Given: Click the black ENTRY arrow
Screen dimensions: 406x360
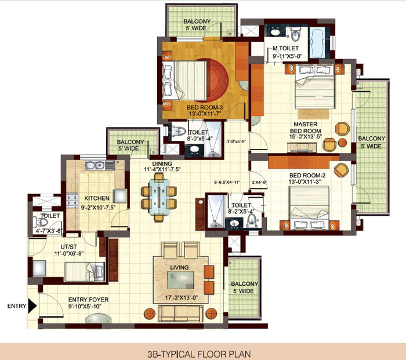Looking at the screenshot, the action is pos(32,306).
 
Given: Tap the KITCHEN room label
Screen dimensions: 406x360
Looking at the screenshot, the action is pos(97,198).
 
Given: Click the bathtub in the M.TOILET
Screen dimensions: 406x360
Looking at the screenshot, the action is pos(317,43).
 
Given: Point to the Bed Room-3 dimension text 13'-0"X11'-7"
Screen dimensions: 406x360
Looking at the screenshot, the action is pos(205,114).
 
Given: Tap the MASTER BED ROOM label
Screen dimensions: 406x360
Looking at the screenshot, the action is pos(306,128).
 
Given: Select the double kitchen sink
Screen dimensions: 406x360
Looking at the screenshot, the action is pos(95,165).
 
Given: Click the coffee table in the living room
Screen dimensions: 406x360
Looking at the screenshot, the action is pos(180,280).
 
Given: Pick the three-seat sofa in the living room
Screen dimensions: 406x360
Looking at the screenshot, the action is pos(181,313).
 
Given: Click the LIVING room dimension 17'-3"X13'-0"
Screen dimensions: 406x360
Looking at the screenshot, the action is pos(181,297).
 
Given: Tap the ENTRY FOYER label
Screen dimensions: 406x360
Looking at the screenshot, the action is pos(88,300).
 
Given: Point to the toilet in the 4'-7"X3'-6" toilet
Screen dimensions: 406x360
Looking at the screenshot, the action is pos(41,222).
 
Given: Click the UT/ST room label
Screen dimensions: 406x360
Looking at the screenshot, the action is pos(68,247).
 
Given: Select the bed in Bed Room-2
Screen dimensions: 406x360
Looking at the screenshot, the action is pos(309,208).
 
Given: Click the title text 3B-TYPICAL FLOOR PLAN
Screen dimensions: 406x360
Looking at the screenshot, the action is pos(199,354).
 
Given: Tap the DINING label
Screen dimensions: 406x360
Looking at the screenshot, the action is pos(162,163).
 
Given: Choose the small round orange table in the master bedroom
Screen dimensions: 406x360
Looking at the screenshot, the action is pos(343,143).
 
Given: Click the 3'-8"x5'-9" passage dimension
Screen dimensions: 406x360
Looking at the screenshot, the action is pos(236,141).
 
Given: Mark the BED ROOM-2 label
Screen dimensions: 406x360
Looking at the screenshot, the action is pos(307,176).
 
